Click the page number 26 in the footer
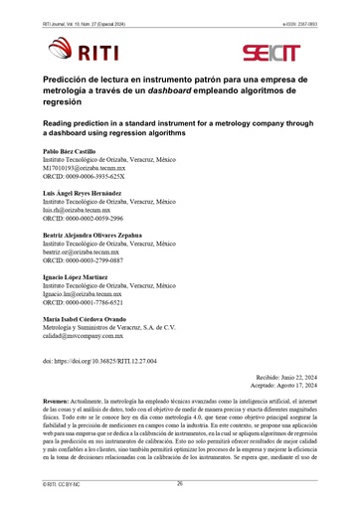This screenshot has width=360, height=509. point(180,483)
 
